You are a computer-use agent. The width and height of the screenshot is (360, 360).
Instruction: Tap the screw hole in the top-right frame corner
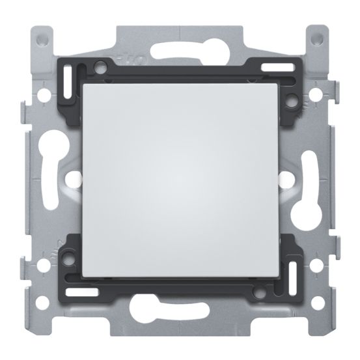[x=317, y=39]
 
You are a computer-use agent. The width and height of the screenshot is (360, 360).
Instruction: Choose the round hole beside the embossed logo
[x=101, y=66]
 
